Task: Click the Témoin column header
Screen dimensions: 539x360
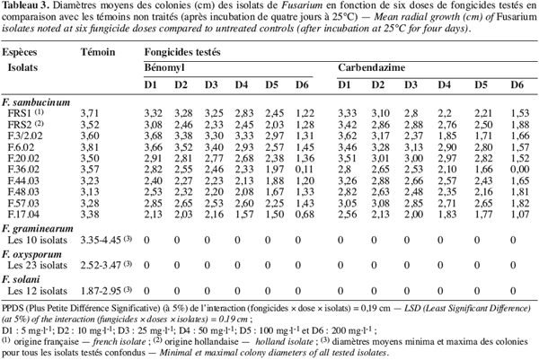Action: click(98, 52)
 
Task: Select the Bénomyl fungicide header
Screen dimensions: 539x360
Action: click(164, 67)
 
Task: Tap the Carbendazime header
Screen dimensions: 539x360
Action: click(371, 67)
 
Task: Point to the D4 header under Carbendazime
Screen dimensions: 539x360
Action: click(444, 84)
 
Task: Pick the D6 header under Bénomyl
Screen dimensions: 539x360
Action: click(302, 84)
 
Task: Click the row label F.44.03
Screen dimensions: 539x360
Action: click(23, 180)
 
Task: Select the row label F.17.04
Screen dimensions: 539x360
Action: click(23, 215)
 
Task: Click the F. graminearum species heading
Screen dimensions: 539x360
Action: click(38, 229)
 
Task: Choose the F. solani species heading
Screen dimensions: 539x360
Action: click(21, 279)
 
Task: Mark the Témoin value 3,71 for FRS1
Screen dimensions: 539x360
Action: click(90, 113)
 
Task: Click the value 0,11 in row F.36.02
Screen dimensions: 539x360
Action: click(305, 170)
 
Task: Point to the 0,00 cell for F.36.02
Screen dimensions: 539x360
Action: click(520, 170)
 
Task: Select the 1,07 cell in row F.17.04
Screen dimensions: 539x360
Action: click(520, 215)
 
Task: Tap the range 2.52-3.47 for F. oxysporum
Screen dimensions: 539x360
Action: click(101, 265)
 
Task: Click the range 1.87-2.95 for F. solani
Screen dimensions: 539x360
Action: click(101, 291)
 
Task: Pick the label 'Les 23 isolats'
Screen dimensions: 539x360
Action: click(38, 265)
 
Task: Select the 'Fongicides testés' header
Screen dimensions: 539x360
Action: click(182, 52)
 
